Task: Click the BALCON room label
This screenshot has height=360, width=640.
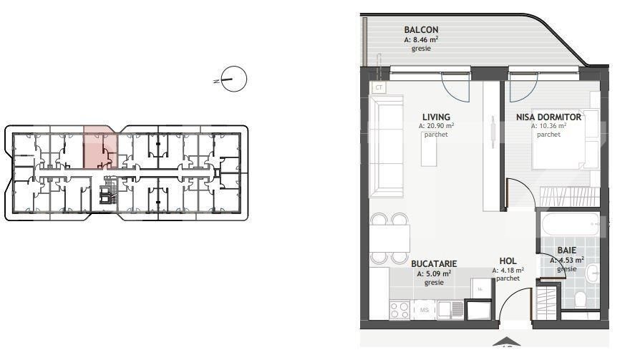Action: [421, 30]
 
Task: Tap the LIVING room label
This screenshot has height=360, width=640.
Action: [436, 117]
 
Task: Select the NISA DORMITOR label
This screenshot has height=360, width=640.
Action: [548, 117]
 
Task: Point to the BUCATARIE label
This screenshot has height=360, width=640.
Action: [434, 263]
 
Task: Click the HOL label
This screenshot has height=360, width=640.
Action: [508, 262]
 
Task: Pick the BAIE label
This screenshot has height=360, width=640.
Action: [571, 251]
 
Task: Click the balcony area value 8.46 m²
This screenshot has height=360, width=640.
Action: [421, 41]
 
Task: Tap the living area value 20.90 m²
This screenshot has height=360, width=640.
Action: [437, 126]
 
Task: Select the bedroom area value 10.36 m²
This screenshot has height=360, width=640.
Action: [548, 126]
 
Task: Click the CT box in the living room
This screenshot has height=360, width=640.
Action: [379, 88]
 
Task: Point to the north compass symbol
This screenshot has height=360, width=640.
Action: [233, 79]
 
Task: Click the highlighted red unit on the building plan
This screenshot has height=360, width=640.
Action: [98, 147]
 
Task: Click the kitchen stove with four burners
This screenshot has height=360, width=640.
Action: [399, 310]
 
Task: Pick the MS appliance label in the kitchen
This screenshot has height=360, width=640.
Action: [424, 310]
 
